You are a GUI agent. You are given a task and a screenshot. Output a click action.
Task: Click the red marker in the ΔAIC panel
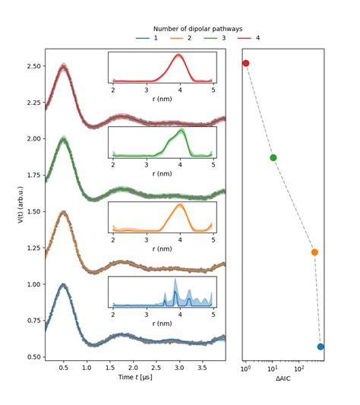coord(245,63)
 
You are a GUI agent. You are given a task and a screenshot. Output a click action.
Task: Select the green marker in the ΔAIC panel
coord(273,158)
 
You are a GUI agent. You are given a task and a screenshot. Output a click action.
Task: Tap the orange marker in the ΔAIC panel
coord(314,252)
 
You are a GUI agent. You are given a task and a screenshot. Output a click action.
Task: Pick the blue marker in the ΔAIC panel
coord(321,346)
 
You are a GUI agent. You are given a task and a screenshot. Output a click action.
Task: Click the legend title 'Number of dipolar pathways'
coord(197,29)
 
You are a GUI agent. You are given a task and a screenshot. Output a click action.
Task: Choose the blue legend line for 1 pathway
coord(142,38)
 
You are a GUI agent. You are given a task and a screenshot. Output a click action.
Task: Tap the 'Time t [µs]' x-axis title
coord(135,377)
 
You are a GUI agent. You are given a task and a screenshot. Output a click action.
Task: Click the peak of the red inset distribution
coord(178,55)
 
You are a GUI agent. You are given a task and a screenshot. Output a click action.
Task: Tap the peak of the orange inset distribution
coord(180,204)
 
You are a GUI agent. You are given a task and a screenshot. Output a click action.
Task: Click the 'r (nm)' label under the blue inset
coord(162,323)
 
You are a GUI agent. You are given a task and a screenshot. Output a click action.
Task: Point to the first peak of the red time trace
coord(64,67)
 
